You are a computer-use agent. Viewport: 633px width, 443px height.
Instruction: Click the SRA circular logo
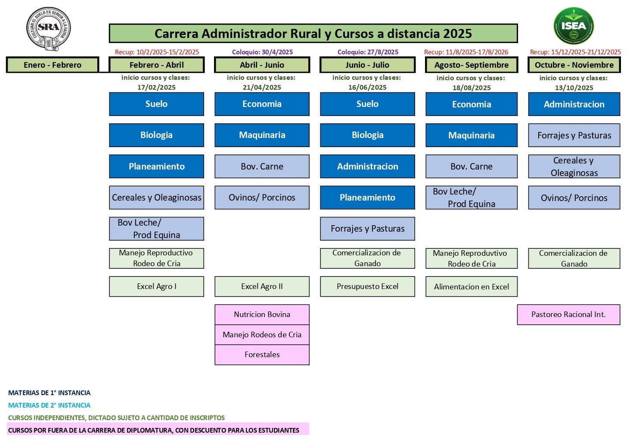[49, 29]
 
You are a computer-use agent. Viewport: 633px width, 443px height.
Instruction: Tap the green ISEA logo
[574, 26]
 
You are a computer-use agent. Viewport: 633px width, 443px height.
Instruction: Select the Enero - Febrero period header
[53, 65]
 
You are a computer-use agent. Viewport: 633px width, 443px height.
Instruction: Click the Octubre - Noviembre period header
[574, 65]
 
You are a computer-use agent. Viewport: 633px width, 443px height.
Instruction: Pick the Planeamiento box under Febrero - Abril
[157, 166]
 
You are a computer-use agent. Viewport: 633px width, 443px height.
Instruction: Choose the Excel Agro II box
[262, 286]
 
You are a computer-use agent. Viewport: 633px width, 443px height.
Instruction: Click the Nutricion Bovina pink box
[262, 314]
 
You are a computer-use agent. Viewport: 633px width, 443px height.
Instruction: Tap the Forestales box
[262, 355]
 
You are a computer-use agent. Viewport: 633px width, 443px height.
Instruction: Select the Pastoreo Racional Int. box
[568, 314]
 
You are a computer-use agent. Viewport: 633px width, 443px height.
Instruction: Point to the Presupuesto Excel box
[367, 286]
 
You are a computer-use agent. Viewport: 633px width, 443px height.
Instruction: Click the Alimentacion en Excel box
[472, 287]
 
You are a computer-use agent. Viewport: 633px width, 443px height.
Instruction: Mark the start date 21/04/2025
[262, 87]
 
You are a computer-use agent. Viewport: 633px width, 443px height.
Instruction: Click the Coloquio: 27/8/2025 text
[368, 52]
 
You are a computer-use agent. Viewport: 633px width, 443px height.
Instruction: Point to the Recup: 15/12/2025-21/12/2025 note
[575, 52]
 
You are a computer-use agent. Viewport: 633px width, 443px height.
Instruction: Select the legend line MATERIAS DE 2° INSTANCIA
[50, 405]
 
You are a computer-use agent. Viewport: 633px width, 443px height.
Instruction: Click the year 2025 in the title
[457, 34]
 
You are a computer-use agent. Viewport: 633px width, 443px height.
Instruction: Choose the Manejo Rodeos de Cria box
[262, 335]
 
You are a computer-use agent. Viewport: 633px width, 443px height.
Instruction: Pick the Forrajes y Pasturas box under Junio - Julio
[367, 229]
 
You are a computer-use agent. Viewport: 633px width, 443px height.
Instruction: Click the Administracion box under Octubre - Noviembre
[574, 104]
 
